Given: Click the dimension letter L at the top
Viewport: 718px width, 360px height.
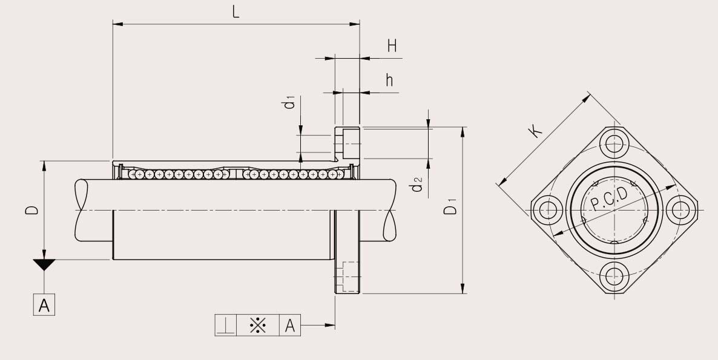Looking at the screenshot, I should (235, 11).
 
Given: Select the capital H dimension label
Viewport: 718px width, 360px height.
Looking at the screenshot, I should (392, 47).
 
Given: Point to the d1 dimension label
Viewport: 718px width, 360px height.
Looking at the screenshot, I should (289, 103).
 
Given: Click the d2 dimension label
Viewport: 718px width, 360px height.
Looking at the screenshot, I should (417, 185).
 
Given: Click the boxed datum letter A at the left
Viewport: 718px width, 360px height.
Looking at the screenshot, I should (44, 306).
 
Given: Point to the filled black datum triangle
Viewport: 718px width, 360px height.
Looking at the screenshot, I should (44, 264).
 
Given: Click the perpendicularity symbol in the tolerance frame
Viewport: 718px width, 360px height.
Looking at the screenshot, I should (226, 326).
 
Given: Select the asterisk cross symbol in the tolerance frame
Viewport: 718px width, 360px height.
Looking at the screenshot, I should (258, 326).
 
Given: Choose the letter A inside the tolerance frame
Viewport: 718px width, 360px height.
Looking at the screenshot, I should (290, 326).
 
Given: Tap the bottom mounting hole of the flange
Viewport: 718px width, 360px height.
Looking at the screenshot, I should (614, 275).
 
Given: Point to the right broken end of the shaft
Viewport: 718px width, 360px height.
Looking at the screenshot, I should (391, 209).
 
